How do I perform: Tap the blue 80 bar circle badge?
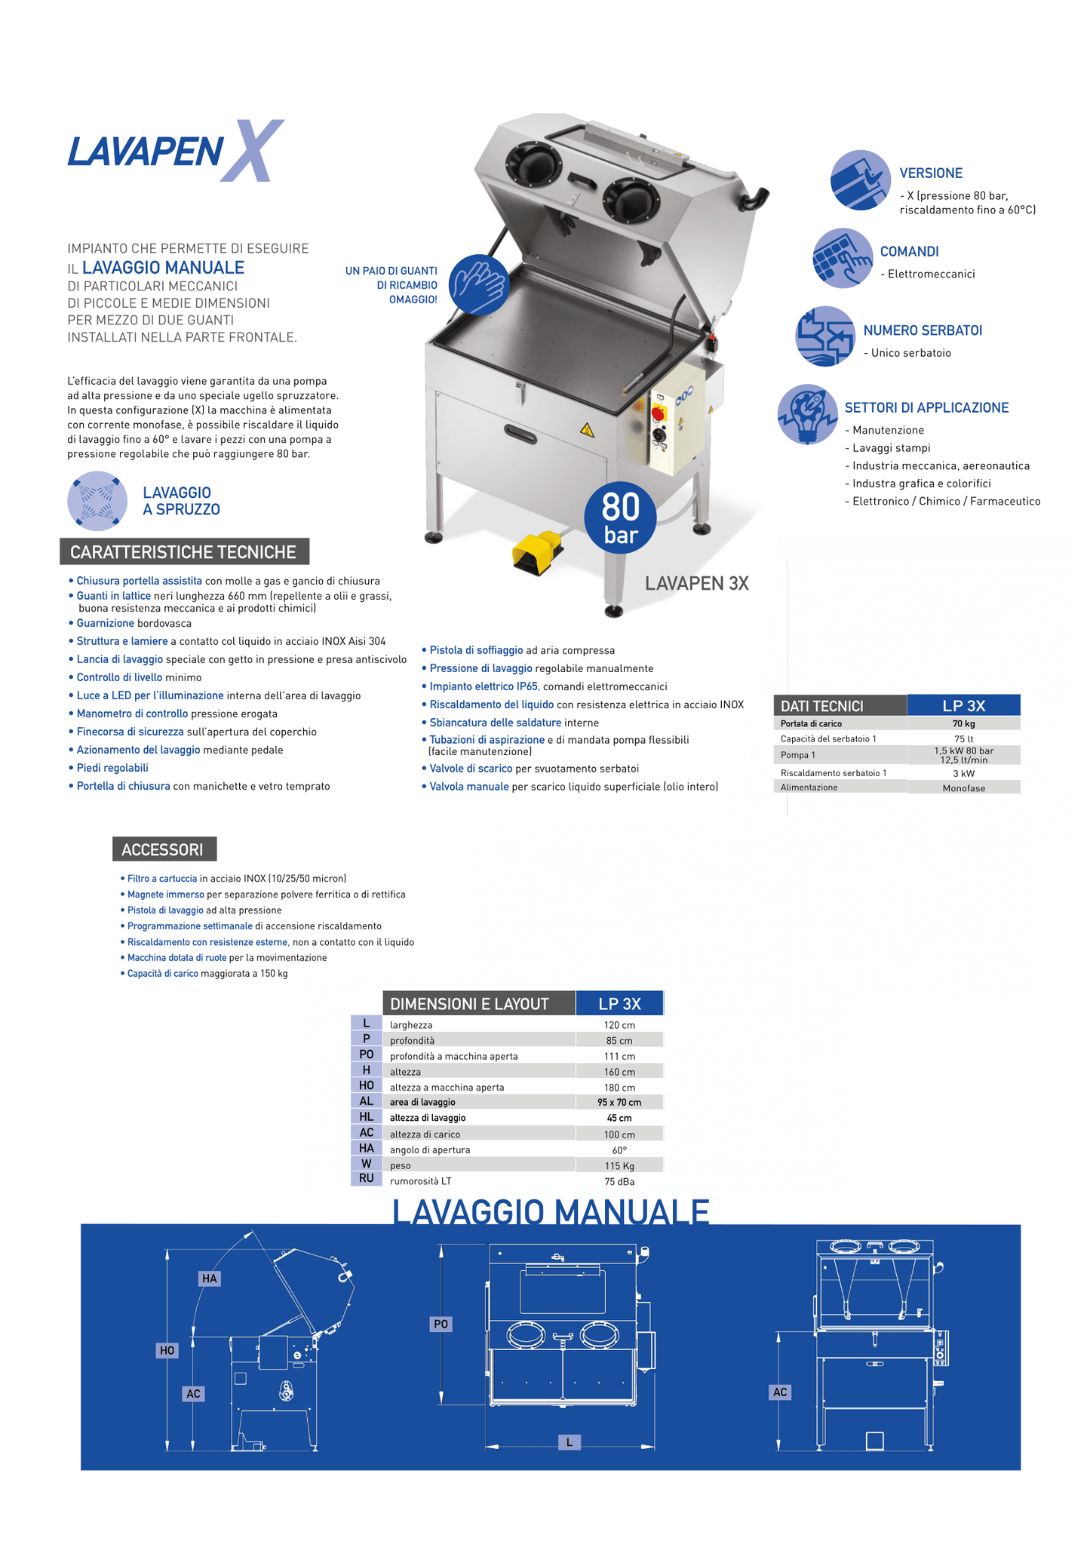pos(620,517)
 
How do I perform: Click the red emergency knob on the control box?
pos(657,413)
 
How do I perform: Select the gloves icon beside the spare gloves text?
pos(479,284)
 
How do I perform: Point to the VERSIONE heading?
pos(931,173)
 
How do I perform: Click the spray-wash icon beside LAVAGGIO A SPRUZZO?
pos(97,500)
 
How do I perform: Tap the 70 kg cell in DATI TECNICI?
pos(963,724)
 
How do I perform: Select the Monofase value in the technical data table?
pos(963,788)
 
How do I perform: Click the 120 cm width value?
pos(619,1025)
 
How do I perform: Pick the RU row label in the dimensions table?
pos(367,1178)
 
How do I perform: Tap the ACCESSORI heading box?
pos(163,849)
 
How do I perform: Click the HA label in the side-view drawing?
pos(210,1278)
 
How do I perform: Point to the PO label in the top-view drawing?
pos(441,1324)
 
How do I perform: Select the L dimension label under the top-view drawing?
pos(570,1441)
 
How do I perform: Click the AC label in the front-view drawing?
pos(780,1392)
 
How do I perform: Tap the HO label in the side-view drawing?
pos(167,1350)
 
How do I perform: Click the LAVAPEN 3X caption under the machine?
pos(696,583)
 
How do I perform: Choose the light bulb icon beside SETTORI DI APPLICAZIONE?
pos(808,414)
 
